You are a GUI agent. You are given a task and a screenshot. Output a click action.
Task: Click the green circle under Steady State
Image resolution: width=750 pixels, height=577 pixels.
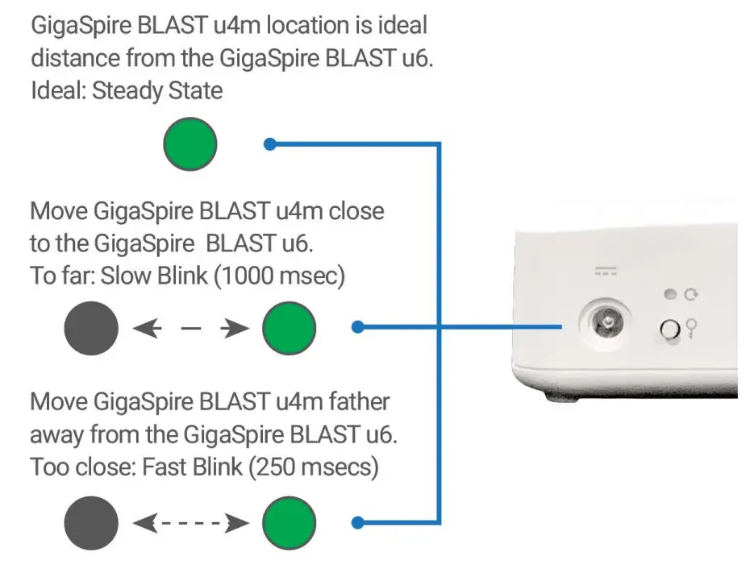tap(190, 144)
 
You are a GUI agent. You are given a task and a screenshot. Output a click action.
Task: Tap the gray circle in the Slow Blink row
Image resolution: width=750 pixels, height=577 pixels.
tap(91, 328)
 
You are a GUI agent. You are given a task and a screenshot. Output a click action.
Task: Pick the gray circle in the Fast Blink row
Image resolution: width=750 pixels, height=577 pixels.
tap(91, 523)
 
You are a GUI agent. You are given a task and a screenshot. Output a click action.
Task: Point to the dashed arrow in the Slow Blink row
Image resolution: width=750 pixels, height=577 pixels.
tap(190, 328)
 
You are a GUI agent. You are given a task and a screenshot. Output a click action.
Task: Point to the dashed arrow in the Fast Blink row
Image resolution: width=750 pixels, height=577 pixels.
tap(190, 524)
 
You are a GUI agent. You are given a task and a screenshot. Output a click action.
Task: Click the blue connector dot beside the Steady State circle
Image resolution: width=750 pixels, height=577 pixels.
tap(271, 144)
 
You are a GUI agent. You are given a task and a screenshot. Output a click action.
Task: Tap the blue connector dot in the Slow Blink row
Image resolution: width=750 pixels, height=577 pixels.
tap(359, 327)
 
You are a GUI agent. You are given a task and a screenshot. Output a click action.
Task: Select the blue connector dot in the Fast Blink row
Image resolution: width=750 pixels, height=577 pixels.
tap(359, 523)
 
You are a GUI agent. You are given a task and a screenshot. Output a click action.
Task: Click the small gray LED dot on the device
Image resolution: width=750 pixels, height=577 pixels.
tap(670, 295)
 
